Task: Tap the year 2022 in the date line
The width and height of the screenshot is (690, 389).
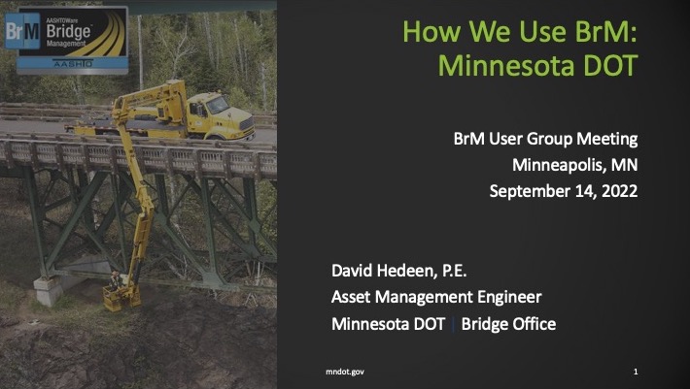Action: click(x=620, y=191)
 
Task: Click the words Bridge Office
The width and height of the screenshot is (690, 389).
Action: click(x=508, y=324)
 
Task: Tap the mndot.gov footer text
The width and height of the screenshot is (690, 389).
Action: click(x=345, y=372)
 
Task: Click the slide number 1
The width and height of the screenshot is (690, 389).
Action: click(x=636, y=372)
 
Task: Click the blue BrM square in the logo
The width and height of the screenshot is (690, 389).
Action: click(x=22, y=31)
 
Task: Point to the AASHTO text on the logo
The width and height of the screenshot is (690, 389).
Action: click(x=73, y=64)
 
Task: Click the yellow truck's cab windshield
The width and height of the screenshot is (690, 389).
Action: click(x=218, y=105)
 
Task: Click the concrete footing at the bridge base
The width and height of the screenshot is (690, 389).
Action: click(x=49, y=291)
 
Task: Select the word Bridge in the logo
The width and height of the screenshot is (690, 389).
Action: click(x=69, y=32)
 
